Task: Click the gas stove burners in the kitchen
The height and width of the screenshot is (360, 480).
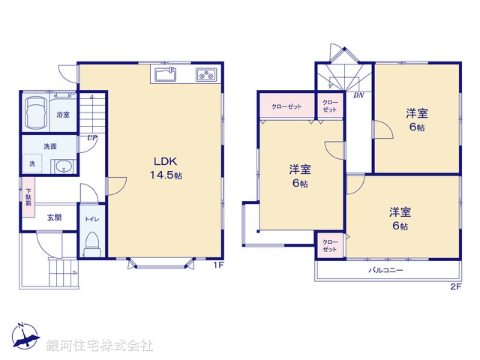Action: [x=206, y=74]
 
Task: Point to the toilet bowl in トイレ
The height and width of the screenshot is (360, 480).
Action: [x=92, y=243]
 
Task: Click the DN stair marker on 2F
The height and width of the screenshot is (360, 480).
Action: [x=358, y=95]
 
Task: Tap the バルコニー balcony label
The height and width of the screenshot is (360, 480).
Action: [x=386, y=269]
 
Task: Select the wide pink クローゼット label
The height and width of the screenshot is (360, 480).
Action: [x=286, y=106]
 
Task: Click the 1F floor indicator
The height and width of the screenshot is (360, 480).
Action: [x=217, y=265]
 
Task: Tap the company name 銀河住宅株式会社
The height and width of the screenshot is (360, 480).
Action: [x=100, y=346]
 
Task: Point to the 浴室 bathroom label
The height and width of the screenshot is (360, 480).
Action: [x=63, y=115]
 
